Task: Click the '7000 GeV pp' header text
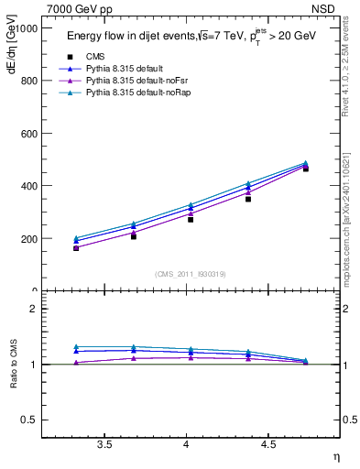coord(80,8)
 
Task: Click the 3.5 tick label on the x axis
coord(104,444)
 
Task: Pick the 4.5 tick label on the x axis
coord(267,444)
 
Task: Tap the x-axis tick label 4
coord(187,444)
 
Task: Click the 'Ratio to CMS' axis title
coord(12,365)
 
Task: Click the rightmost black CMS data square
coord(306,169)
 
